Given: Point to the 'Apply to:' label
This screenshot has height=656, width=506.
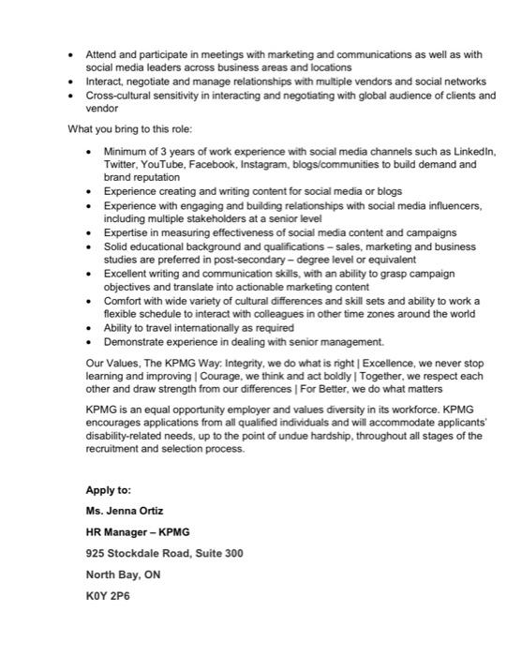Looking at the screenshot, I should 109,489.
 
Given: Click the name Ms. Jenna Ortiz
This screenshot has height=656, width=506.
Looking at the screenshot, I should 124,511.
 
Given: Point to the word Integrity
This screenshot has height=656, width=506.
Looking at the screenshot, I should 246,362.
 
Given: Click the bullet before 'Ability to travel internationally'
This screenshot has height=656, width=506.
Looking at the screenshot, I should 89,328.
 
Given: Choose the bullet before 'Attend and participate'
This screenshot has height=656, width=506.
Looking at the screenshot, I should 71,55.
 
